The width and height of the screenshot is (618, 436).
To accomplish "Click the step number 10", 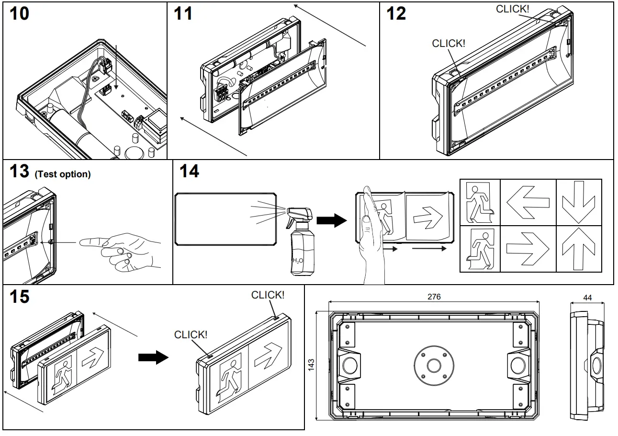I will tap(19, 14).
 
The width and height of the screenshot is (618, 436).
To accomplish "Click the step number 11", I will tap(182, 13).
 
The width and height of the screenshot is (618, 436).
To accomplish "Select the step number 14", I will tap(189, 172).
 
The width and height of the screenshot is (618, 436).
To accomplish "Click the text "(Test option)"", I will tap(62, 174).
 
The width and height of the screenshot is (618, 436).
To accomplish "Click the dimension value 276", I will tap(434, 297).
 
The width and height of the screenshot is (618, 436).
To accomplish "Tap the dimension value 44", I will tap(588, 298).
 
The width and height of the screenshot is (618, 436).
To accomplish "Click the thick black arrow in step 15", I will tap(153, 357).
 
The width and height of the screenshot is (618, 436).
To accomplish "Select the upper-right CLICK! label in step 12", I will tap(513, 9).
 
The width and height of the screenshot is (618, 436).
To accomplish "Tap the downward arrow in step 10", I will tap(116, 67).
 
